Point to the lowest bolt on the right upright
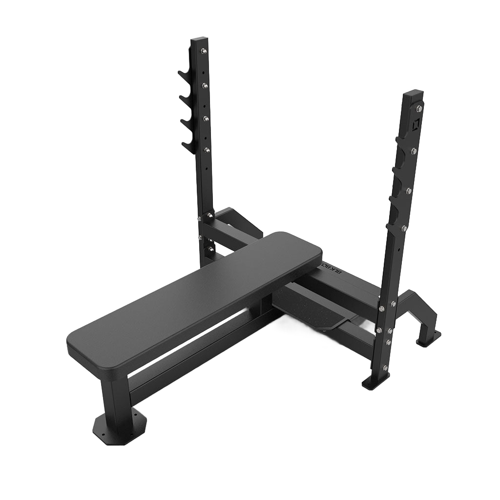(385, 368)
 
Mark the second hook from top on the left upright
(184, 98)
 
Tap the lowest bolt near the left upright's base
(210, 249)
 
